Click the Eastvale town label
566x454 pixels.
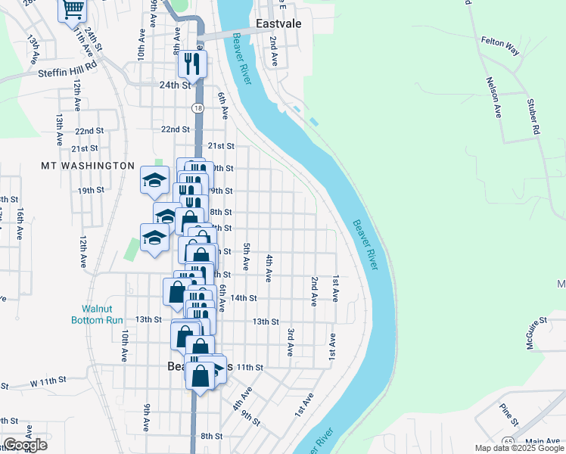tap(278, 23)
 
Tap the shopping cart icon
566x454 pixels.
tap(73, 10)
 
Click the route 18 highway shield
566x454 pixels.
tap(197, 109)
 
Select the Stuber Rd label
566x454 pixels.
tap(533, 115)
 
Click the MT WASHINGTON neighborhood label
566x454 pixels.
tap(87, 165)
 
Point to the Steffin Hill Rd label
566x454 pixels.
tap(68, 74)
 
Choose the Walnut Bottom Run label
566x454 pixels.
tap(102, 314)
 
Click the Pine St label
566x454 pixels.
tap(509, 415)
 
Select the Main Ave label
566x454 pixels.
tap(542, 441)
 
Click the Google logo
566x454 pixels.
tap(25, 445)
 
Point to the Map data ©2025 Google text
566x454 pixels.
tap(518, 449)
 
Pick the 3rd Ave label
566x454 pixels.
tap(291, 342)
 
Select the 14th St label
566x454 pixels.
tap(244, 298)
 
